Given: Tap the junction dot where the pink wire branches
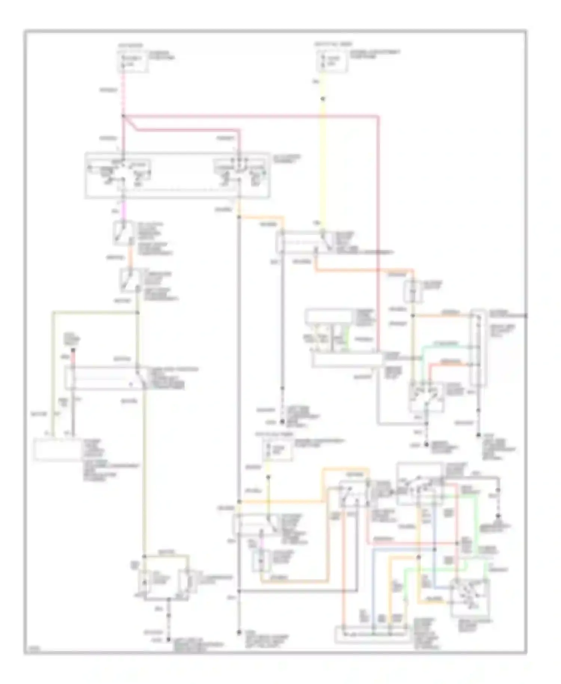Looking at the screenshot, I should (x=123, y=116).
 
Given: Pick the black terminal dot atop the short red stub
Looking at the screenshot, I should (x=73, y=350).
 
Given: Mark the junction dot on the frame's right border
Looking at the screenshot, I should (x=525, y=316).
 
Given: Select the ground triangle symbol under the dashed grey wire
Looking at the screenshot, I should (x=498, y=517).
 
